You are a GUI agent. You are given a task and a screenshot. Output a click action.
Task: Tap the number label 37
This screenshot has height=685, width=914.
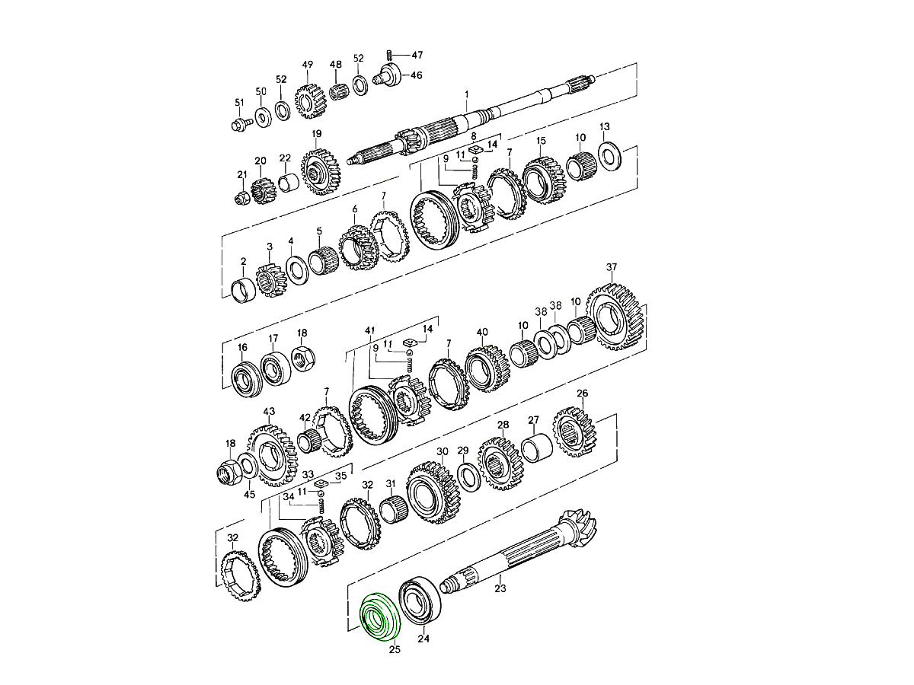coord(612,266)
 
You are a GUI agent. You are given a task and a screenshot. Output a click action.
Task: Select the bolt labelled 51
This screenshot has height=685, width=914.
coord(241,123)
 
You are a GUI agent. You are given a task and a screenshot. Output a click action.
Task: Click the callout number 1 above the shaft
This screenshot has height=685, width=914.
coord(467,94)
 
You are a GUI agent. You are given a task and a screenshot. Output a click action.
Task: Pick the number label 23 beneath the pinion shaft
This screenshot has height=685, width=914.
coord(500,588)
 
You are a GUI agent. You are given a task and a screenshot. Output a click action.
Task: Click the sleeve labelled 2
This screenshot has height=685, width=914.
coord(244,289)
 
